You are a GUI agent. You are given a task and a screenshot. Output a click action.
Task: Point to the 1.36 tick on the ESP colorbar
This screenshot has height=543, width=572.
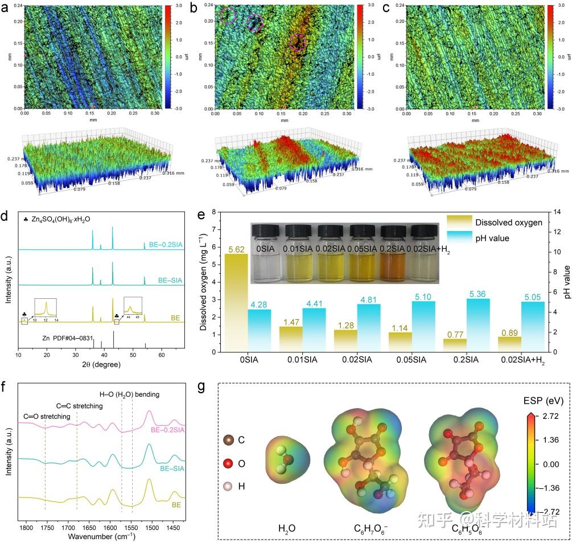point(552,441)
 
